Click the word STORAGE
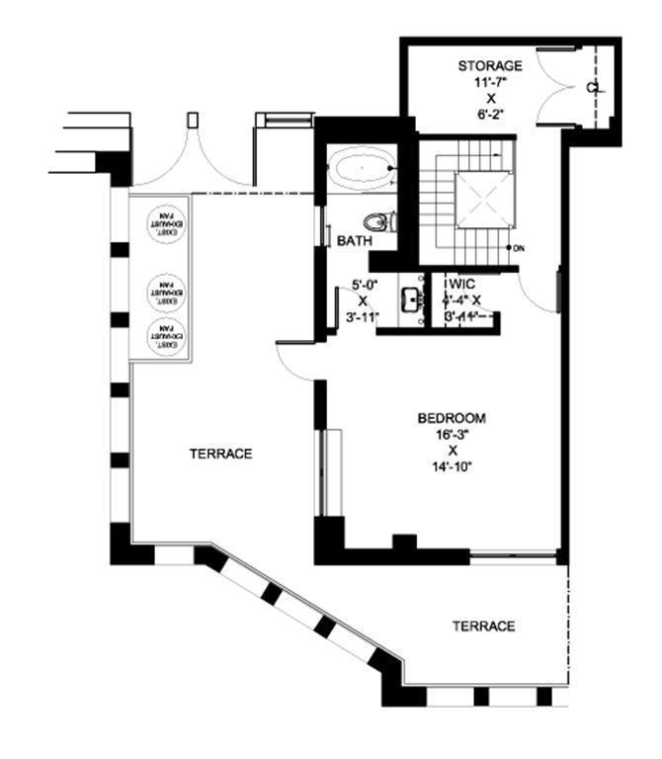click(x=489, y=65)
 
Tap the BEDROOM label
click(x=452, y=418)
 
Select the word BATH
click(x=354, y=241)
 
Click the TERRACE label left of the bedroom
click(x=220, y=454)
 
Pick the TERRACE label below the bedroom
click(x=483, y=627)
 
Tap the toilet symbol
click(x=377, y=220)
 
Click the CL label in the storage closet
click(x=590, y=87)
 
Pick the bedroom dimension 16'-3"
click(x=452, y=435)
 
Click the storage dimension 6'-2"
click(x=489, y=114)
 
